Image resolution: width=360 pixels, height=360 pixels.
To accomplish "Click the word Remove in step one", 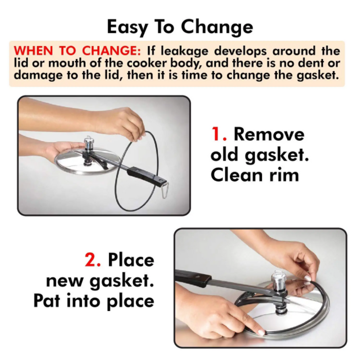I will tap(269, 135).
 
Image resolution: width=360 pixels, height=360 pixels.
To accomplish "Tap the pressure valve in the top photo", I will tap(89, 145).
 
